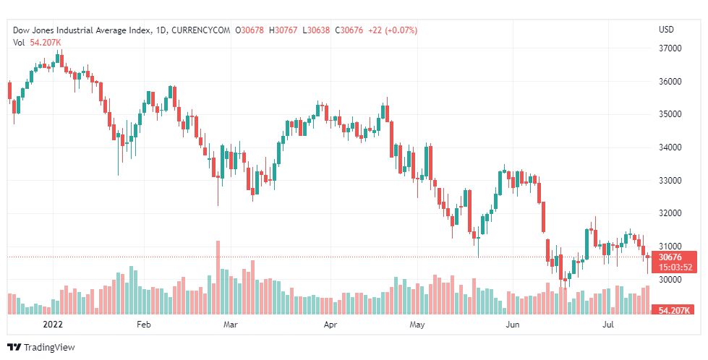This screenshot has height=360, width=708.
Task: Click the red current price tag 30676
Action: (671, 257)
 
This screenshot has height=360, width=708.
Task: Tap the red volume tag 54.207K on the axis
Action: (673, 310)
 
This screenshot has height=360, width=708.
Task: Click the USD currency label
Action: (666, 30)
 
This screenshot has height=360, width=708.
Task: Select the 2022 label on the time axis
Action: (54, 325)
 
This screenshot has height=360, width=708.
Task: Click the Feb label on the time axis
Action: (143, 325)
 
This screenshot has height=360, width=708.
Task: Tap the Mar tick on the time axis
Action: (231, 325)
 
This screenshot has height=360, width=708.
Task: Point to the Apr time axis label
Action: (330, 325)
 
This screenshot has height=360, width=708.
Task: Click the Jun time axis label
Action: (512, 325)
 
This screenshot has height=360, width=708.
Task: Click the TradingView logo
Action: (41, 347)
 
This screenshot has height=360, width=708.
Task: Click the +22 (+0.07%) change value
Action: (391, 30)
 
